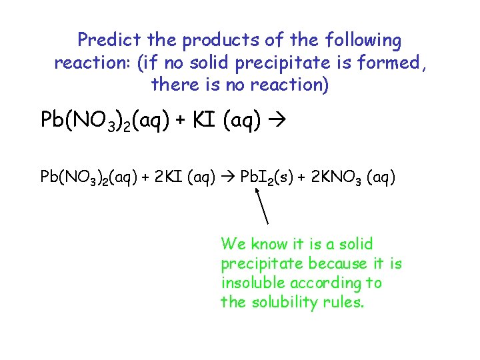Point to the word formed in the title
pos(392,63)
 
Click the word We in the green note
pos(232,244)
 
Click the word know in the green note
pos(269,244)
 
